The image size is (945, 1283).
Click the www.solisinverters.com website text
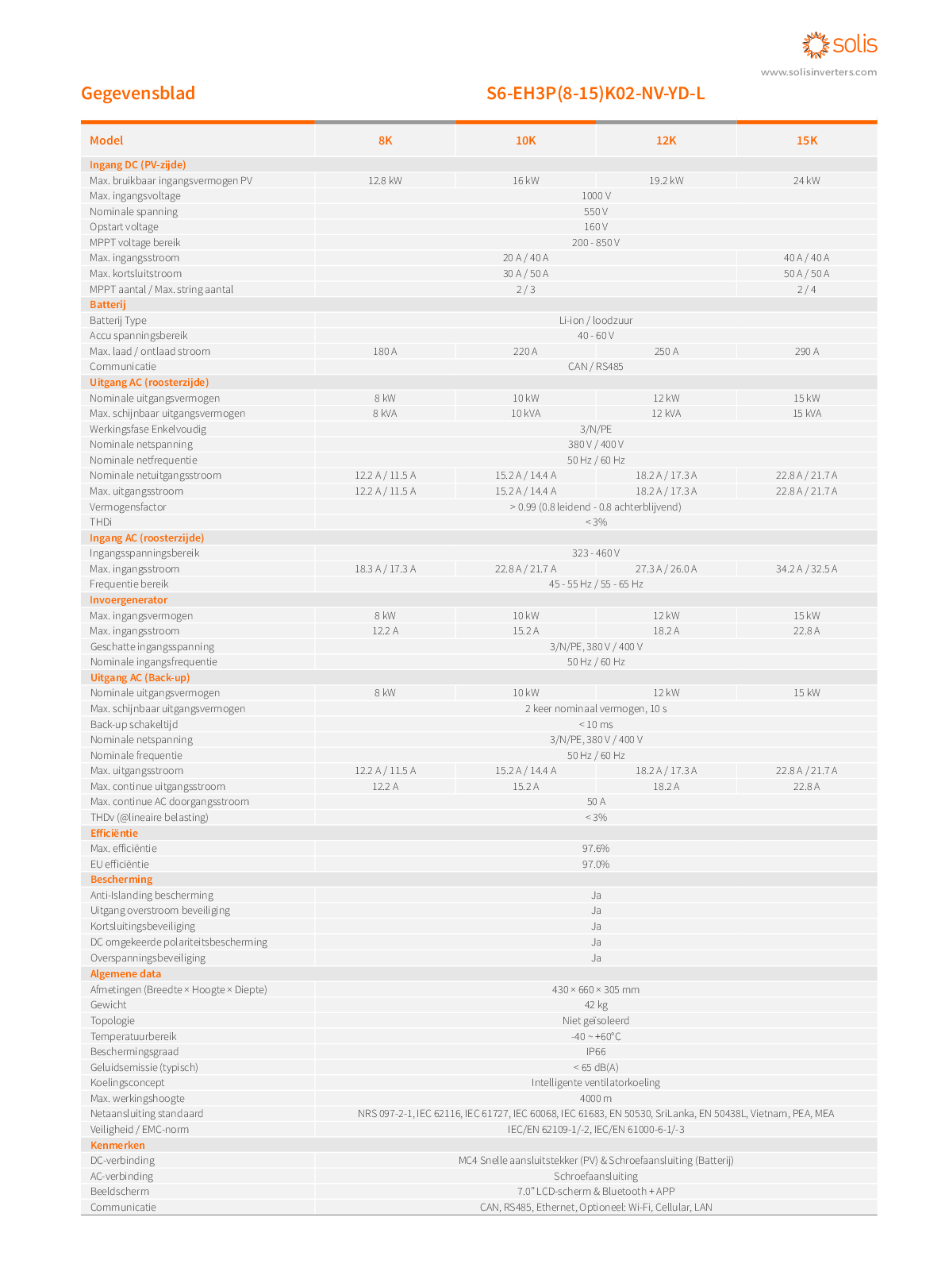coord(818,72)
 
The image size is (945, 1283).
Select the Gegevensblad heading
coord(138,94)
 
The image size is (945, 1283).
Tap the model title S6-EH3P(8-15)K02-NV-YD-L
coord(595,94)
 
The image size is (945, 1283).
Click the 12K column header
coord(666,141)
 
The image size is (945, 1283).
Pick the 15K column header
coord(806,141)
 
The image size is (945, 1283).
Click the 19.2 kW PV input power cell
coord(666,180)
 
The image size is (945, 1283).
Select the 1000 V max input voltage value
coord(596,196)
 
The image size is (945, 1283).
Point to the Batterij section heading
coord(108,305)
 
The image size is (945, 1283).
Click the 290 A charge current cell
coord(806,352)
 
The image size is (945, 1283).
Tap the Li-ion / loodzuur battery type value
coord(596,321)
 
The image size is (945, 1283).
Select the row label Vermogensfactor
coord(128,507)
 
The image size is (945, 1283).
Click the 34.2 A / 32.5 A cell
coord(806,569)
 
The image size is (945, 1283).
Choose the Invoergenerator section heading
coord(129,600)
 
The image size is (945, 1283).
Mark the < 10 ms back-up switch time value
coord(596,725)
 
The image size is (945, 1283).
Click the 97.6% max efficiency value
coord(596,849)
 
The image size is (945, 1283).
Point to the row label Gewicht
coord(108,1005)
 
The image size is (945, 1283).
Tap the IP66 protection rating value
coord(596,1052)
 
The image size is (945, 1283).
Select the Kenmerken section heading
coord(117,1146)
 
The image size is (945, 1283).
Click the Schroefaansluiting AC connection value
coord(596,1177)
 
